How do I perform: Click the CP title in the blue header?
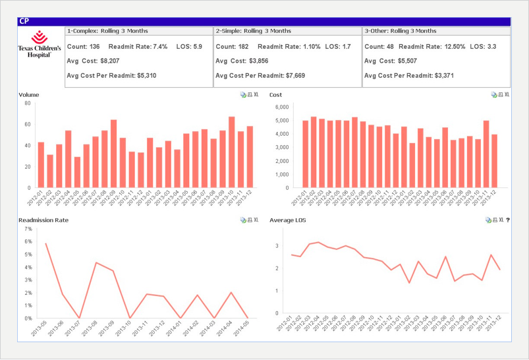[24, 21]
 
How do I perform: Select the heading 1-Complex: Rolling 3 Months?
[107, 31]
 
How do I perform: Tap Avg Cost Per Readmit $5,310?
[111, 76]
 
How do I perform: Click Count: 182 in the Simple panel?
[232, 47]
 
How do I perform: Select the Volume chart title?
[29, 95]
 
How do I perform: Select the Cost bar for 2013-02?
[412, 165]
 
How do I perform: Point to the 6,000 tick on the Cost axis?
[281, 107]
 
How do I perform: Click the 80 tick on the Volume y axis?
[27, 103]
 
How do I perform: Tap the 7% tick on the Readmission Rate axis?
[28, 229]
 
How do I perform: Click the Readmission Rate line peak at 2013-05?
[45, 243]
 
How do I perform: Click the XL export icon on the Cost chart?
[506, 95]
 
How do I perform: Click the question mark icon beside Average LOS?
[508, 220]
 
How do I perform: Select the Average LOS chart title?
[287, 220]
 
